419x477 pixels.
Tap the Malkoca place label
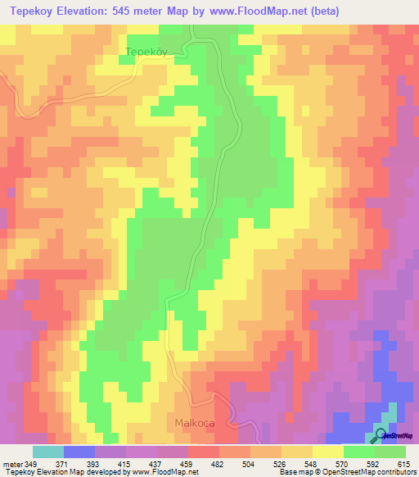[x=195, y=423]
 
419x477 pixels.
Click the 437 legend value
[x=156, y=463]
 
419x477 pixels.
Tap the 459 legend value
[x=187, y=463]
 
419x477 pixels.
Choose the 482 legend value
[x=219, y=463]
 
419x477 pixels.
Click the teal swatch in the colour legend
[x=47, y=452]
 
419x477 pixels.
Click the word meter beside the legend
[x=11, y=463]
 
